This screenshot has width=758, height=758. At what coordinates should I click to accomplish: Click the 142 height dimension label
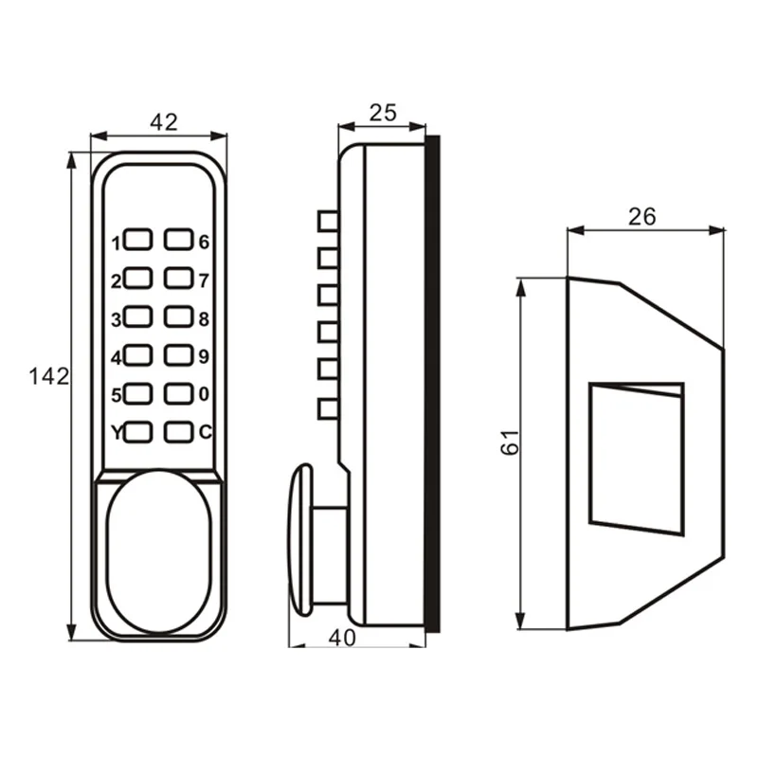(47, 376)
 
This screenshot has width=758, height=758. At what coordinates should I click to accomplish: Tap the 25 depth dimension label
(382, 114)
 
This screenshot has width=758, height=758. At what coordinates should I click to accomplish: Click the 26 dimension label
(641, 216)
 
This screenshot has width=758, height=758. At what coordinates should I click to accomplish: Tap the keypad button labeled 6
(178, 241)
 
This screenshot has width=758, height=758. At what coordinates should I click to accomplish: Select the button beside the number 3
(138, 316)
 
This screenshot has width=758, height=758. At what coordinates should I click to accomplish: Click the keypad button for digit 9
(178, 355)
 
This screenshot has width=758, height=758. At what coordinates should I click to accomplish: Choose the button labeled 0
(178, 393)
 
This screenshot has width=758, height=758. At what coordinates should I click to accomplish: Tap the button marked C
(178, 432)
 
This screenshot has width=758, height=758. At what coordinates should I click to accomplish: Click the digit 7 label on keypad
(203, 280)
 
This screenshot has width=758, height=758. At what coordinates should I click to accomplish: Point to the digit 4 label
(117, 357)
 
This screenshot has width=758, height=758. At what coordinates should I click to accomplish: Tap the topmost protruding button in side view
(328, 221)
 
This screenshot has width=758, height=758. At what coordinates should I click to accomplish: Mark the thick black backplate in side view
(433, 384)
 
